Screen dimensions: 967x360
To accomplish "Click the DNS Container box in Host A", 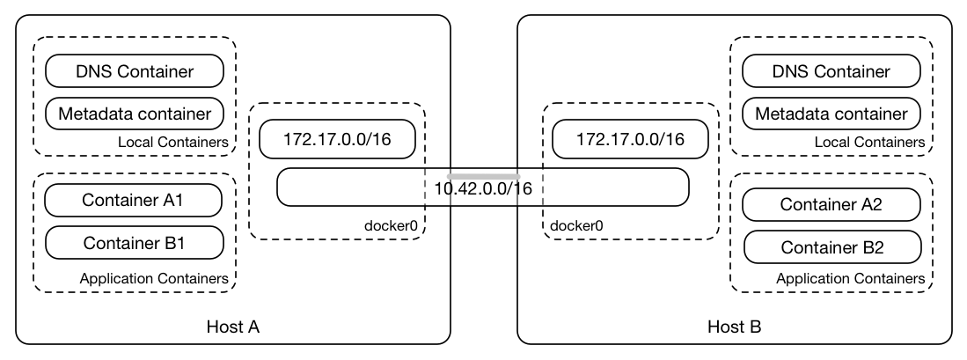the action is pyautogui.click(x=135, y=71).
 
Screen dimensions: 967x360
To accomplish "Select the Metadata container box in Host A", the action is pyautogui.click(x=135, y=114).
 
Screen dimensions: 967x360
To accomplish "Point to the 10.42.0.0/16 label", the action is pyautogui.click(x=482, y=188).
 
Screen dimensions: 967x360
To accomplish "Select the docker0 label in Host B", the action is pyautogui.click(x=576, y=225).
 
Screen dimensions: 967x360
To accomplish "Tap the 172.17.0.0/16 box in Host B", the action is pyautogui.click(x=629, y=139).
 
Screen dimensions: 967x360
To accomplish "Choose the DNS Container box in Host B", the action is pyautogui.click(x=831, y=71).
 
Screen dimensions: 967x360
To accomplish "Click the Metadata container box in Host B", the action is pyautogui.click(x=831, y=114).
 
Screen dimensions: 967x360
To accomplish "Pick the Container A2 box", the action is pyautogui.click(x=831, y=205).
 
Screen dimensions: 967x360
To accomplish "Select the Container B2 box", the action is pyautogui.click(x=831, y=247).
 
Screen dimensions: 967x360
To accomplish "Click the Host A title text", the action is pyautogui.click(x=232, y=327).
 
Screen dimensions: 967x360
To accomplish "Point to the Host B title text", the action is pyautogui.click(x=734, y=327).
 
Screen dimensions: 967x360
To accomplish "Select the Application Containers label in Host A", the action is pyautogui.click(x=154, y=278).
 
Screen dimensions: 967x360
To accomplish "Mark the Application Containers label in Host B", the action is pyautogui.click(x=850, y=278).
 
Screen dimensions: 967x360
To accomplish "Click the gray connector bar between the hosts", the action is pyautogui.click(x=482, y=176).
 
